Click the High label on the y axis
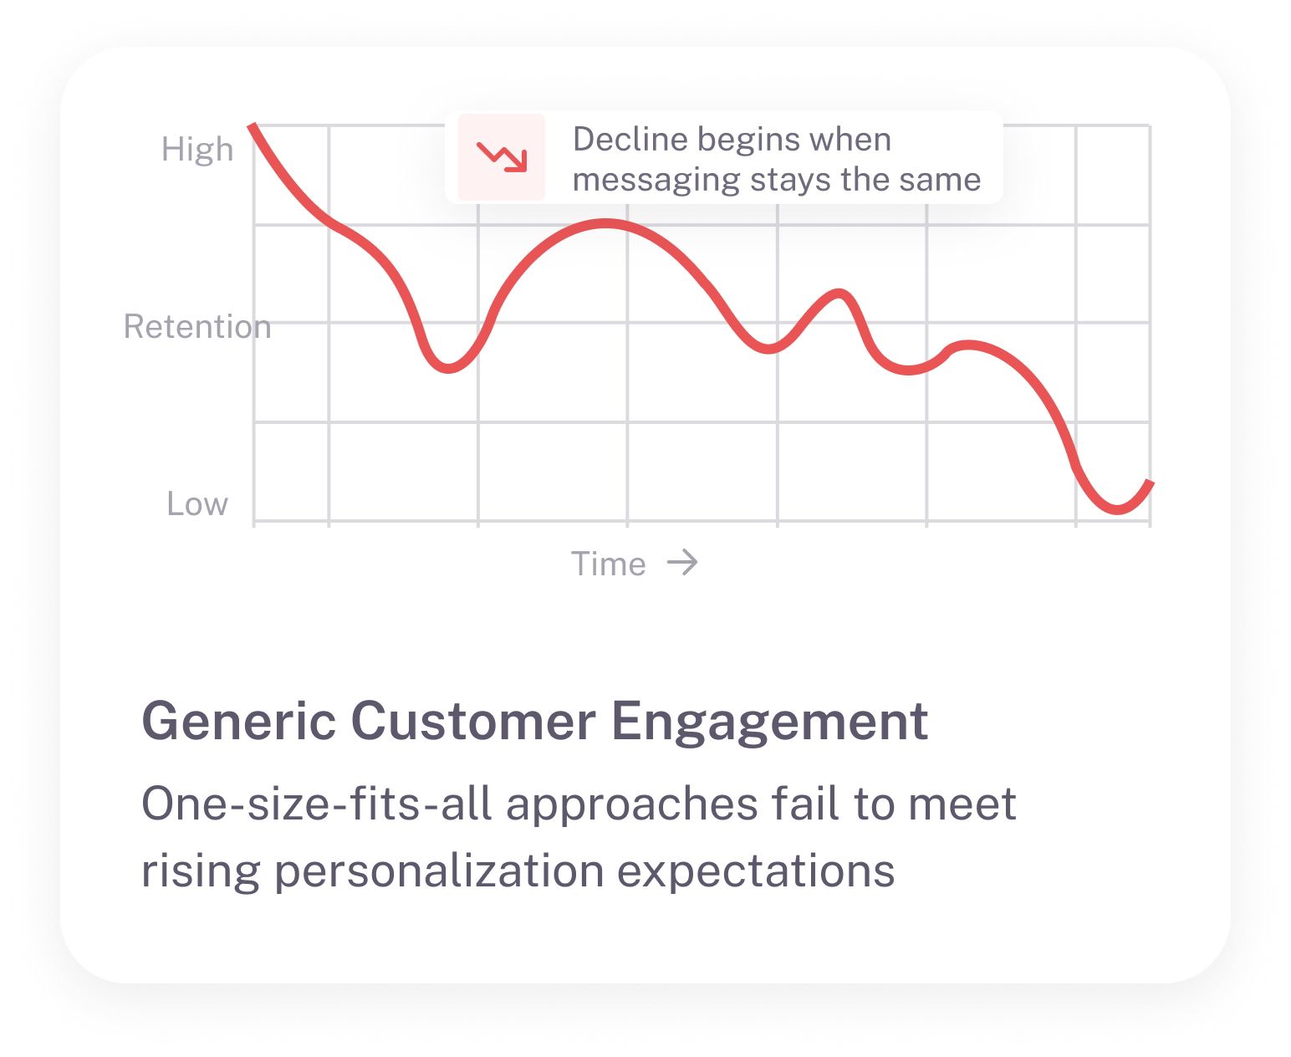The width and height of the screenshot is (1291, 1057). click(x=197, y=149)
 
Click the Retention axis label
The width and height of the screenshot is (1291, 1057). click(x=197, y=326)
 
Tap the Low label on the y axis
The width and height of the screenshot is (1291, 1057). click(x=197, y=503)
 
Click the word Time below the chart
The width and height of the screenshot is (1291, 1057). click(x=608, y=564)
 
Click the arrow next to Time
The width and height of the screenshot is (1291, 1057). click(x=682, y=562)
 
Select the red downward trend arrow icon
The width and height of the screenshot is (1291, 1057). click(x=502, y=156)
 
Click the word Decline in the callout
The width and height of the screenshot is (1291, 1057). click(x=630, y=139)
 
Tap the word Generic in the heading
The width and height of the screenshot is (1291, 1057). click(x=239, y=721)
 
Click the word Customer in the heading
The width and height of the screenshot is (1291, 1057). click(x=474, y=721)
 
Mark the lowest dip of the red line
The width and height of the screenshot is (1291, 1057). click(x=1118, y=509)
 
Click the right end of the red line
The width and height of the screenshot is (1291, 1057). click(x=1151, y=483)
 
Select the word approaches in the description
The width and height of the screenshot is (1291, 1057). click(x=632, y=805)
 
